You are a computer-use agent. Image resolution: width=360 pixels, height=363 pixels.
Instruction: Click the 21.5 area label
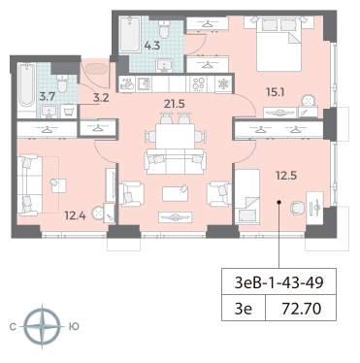[174, 104]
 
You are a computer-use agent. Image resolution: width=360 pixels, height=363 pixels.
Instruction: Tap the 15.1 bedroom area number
[275, 93]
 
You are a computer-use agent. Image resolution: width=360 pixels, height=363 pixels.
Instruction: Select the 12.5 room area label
[286, 176]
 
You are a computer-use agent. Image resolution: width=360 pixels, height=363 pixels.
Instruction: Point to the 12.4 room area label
[75, 215]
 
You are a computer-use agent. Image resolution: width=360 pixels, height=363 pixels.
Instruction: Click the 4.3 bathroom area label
[152, 46]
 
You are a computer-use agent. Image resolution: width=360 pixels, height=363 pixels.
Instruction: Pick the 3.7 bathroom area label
[48, 97]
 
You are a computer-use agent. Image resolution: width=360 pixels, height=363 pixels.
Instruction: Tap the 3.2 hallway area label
[101, 97]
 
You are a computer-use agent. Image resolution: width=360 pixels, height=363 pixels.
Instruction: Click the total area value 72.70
[302, 309]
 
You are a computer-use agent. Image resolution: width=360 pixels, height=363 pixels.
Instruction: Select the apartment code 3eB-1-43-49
[278, 282]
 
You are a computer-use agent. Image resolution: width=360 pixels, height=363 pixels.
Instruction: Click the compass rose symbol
[42, 326]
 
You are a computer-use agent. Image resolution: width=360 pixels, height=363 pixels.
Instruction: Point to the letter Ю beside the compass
[74, 327]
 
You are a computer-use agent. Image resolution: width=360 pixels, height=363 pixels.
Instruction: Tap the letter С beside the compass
[13, 327]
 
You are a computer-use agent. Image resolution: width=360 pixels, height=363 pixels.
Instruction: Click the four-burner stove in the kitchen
[198, 83]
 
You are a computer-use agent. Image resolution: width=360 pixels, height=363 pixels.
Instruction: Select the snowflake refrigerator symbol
[223, 83]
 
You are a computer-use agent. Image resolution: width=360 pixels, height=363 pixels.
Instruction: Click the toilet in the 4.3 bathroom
[165, 29]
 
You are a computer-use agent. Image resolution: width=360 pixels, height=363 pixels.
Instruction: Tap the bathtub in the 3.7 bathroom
[26, 84]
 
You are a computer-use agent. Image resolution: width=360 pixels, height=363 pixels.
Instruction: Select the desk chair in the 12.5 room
[297, 208]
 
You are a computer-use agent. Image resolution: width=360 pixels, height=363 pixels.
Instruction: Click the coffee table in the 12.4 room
[59, 185]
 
